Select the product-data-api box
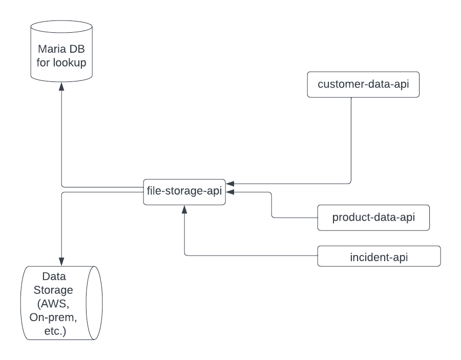[x=373, y=217]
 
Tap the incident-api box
[x=379, y=256]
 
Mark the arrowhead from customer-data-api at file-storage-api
[x=230, y=183]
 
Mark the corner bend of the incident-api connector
[x=184, y=256]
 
